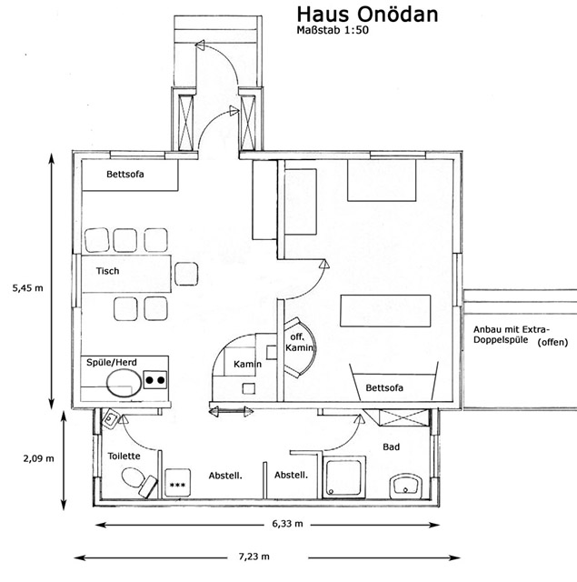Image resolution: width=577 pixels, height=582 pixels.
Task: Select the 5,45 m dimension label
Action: (27, 287)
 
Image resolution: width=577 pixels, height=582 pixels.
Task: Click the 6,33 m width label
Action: (287, 525)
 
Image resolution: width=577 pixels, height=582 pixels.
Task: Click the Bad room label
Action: (391, 447)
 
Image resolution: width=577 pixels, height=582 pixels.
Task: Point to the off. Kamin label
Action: (299, 342)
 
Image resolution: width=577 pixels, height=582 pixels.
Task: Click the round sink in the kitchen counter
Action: (120, 381)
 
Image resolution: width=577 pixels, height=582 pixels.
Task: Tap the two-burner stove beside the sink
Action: (156, 381)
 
